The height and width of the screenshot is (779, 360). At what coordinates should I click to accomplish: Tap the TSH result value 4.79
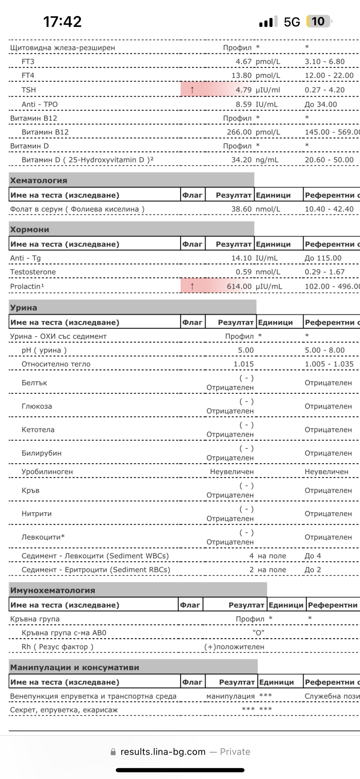click(x=244, y=90)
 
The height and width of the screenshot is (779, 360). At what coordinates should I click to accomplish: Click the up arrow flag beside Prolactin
click(x=192, y=286)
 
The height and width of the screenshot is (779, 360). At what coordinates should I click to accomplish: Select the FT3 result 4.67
click(x=244, y=62)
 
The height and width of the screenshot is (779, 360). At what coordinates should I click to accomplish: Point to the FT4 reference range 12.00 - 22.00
click(x=329, y=75)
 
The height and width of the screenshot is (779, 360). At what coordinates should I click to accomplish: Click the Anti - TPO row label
click(x=40, y=104)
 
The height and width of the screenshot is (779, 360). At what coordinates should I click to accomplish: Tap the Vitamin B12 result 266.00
click(x=239, y=132)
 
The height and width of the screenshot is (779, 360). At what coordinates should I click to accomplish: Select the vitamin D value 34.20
click(x=241, y=160)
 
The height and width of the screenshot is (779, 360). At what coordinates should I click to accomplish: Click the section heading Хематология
click(x=38, y=181)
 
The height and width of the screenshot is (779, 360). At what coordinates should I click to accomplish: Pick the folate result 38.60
click(x=241, y=209)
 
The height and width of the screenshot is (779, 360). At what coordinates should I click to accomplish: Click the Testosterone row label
click(x=33, y=272)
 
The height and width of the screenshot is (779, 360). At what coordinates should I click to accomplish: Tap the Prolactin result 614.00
click(x=239, y=286)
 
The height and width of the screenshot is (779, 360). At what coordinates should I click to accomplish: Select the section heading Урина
click(x=24, y=308)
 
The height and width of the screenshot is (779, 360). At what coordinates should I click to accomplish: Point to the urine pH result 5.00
click(x=246, y=350)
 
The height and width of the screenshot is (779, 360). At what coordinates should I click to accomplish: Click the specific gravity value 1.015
click(x=244, y=364)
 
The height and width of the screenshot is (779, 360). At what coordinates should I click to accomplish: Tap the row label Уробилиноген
click(x=47, y=472)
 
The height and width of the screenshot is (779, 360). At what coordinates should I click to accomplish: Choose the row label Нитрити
click(x=37, y=514)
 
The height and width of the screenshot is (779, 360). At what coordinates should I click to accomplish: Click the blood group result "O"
click(x=258, y=633)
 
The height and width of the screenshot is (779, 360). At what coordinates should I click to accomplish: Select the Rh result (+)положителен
click(x=234, y=647)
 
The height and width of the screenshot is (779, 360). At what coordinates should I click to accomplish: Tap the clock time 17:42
click(x=62, y=22)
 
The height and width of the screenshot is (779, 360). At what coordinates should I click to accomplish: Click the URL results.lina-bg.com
click(x=163, y=752)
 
